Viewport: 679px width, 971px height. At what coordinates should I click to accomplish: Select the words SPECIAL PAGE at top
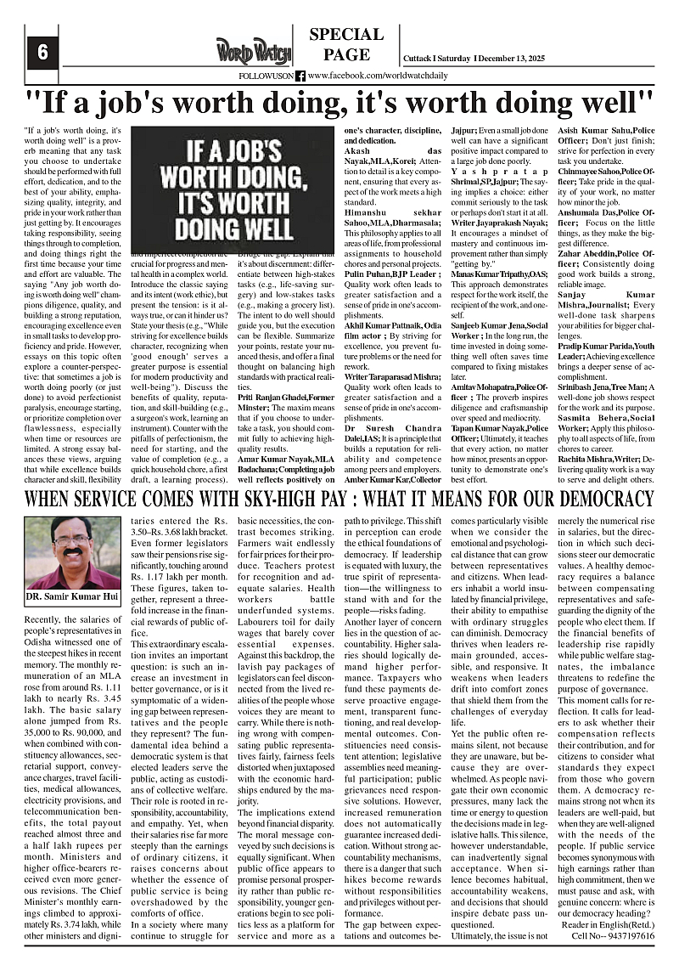click(x=346, y=45)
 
